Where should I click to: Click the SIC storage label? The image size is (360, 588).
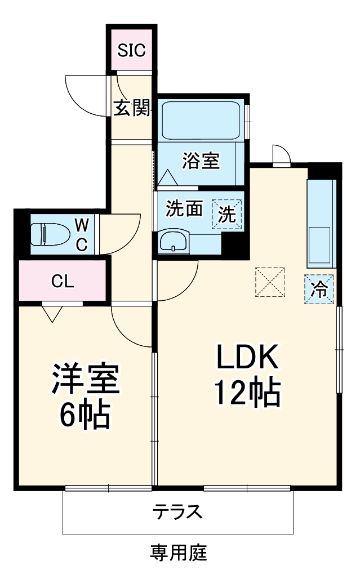coord(132,51)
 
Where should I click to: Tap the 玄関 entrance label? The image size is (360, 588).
coord(132,108)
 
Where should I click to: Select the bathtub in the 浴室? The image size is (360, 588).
coord(201,121)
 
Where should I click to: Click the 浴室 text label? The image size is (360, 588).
coord(201,162)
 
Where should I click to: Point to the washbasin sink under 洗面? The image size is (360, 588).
coord(173,242)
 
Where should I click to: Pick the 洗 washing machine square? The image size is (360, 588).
coord(227,215)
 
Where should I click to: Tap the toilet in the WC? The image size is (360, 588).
coord(45,234)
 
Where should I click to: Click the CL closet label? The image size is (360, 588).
coord(62,282)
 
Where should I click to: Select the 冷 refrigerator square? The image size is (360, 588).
coord(319,289)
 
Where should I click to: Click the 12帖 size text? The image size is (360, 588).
coord(246,393)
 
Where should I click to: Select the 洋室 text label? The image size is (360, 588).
coord(86,381)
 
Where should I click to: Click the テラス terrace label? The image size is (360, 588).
coord(177,512)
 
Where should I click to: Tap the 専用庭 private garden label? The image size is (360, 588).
coord(179,553)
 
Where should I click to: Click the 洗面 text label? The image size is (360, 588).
coord(184,210)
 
